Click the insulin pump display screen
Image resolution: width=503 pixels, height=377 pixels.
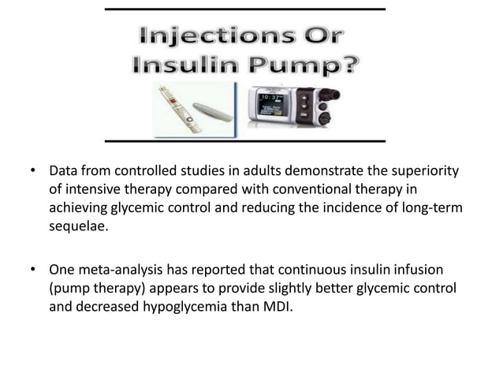click(276, 105)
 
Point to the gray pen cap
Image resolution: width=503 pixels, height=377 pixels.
click(213, 110)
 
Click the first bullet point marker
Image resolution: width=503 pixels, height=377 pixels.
click(33, 171)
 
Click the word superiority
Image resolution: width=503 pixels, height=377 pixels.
click(418, 171)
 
